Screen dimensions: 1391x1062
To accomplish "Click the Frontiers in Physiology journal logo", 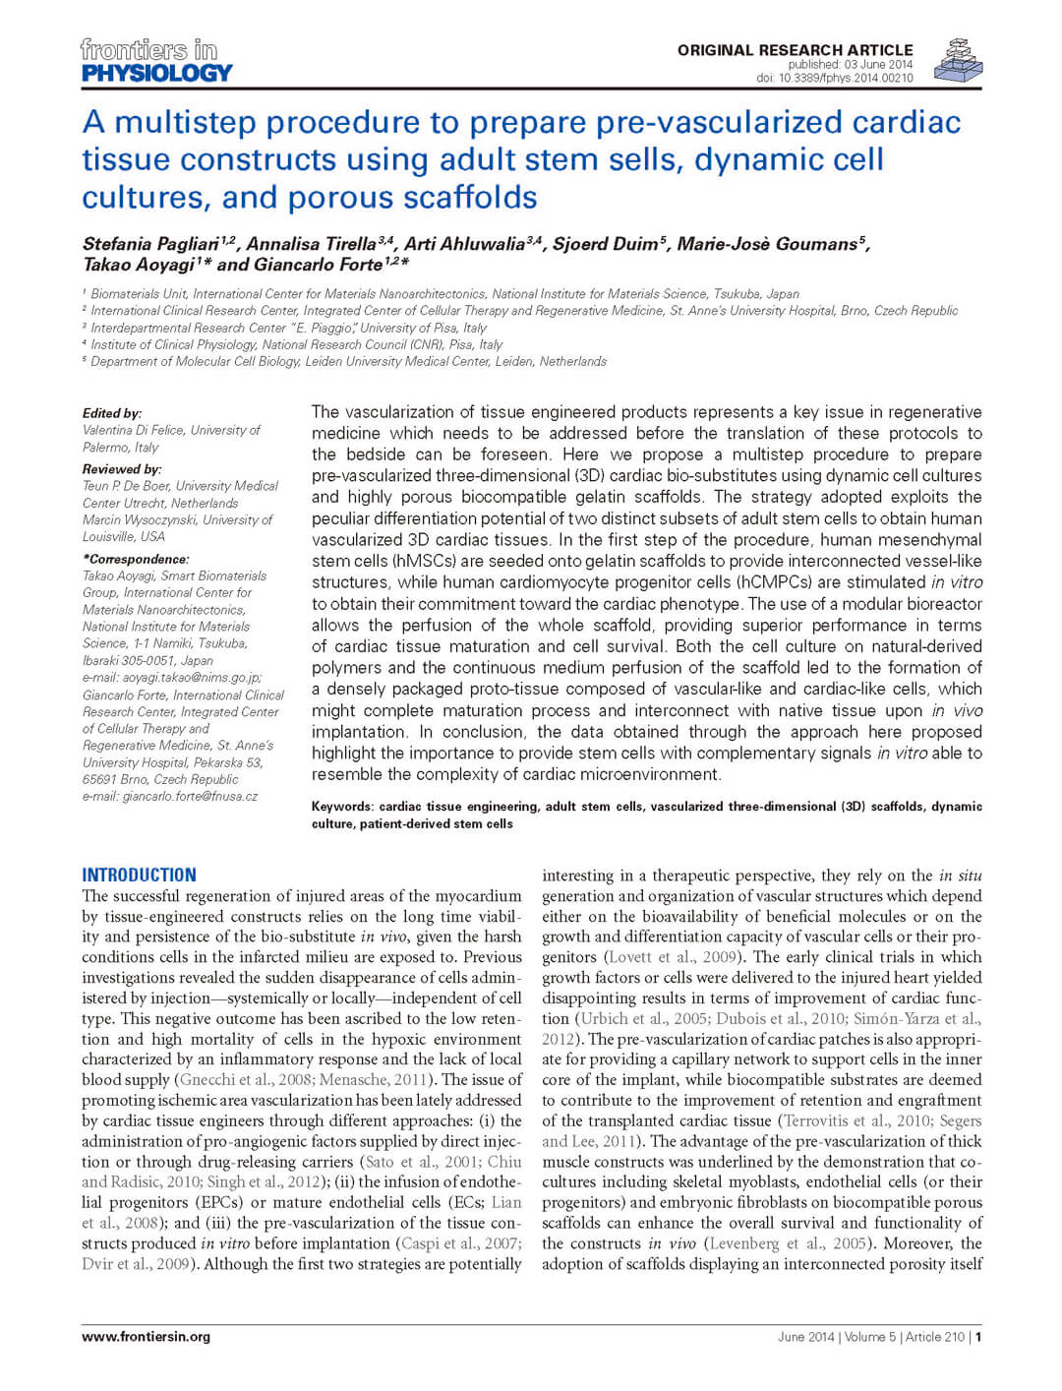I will pos(156,61).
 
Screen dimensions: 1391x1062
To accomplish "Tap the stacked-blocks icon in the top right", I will pos(957,60).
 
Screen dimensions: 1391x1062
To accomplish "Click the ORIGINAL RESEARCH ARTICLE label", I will pos(795,50).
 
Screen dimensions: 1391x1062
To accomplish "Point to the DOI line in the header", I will pos(834,78).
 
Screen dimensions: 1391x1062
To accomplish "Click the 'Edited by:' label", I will pos(112,413).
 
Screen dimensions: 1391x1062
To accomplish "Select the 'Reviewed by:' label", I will pos(122,469).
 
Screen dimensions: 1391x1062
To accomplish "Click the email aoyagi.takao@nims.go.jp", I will pos(172,678).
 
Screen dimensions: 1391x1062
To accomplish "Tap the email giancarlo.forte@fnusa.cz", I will pos(170,796).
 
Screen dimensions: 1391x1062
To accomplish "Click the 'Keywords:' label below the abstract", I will pos(342,807).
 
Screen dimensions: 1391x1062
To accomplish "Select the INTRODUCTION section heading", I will pos(139,875).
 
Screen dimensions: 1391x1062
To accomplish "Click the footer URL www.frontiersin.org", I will pos(146,1336).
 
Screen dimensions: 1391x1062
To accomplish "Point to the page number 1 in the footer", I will pos(978,1336).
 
